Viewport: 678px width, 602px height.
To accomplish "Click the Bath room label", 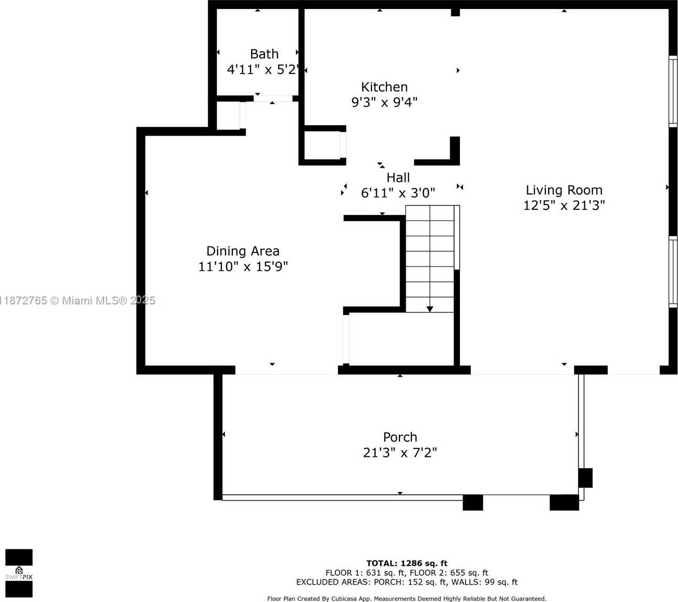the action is [264, 54].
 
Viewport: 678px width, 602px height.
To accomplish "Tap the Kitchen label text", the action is [385, 87].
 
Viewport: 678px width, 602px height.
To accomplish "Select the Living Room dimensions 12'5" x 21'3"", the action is [564, 205].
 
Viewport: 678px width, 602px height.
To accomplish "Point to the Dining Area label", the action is [243, 251].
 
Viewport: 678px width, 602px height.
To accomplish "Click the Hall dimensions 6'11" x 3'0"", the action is [398, 193].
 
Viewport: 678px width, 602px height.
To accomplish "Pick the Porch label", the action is [400, 437].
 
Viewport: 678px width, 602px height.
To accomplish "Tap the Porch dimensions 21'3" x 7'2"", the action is [400, 453].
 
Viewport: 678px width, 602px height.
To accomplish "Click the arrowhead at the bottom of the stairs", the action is [430, 309].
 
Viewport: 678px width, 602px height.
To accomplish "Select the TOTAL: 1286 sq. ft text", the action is [407, 563].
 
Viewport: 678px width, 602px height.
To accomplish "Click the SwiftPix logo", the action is [19, 573].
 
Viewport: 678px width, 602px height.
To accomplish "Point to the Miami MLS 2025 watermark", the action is [78, 300].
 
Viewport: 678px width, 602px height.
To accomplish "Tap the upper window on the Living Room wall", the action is [673, 91].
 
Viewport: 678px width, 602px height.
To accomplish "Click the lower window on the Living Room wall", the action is [673, 271].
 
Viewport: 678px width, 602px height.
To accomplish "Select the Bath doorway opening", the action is [273, 98].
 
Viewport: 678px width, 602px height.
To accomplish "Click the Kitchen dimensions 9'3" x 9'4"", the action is [385, 102].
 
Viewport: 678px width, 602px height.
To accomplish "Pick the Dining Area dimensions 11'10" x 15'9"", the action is [243, 267].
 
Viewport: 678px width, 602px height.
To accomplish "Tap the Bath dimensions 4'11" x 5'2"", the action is [263, 69].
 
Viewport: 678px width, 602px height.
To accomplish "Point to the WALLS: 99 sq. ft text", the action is [485, 582].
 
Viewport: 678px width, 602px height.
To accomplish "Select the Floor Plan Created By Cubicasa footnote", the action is [407, 599].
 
